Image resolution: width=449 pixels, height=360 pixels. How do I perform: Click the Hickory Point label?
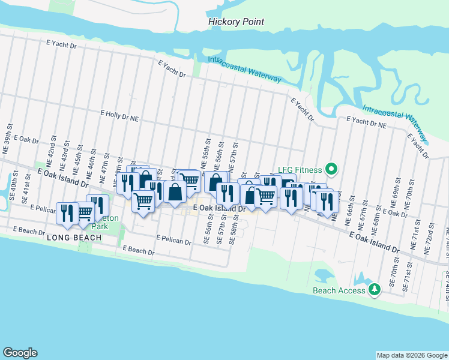[236, 22]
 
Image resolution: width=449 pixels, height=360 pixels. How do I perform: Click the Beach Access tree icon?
[375, 290]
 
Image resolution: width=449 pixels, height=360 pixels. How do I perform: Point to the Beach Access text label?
[339, 290]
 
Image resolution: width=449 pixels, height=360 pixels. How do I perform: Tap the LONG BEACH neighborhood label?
[71, 238]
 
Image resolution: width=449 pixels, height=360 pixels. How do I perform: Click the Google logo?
[20, 353]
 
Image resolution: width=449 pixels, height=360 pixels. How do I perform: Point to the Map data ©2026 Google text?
[411, 355]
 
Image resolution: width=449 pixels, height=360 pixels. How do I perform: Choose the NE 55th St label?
[206, 157]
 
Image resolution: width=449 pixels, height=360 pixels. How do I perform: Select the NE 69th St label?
[397, 191]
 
